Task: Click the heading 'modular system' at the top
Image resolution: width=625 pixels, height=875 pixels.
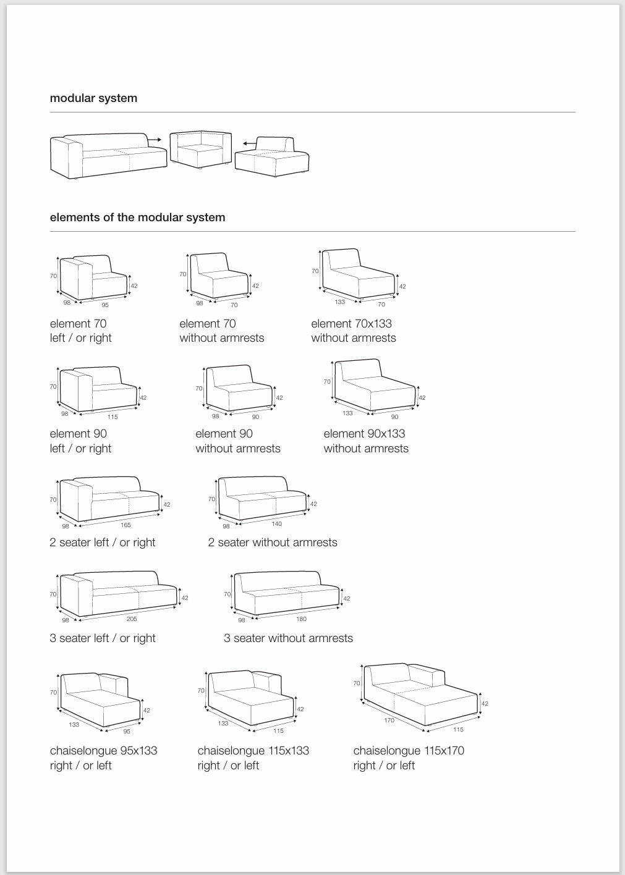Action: tap(93, 98)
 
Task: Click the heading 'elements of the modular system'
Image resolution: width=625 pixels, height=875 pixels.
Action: tap(137, 218)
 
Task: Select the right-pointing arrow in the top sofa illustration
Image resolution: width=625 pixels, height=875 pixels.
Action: tap(155, 140)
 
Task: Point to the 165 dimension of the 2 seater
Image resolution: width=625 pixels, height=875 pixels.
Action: tap(125, 525)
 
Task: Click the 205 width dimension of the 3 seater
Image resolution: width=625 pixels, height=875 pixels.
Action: tap(132, 619)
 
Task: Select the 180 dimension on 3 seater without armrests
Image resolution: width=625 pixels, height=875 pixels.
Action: tap(302, 619)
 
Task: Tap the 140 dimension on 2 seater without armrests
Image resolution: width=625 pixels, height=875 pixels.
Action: tap(276, 524)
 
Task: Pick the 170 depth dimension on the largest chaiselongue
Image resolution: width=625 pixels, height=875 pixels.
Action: tap(389, 720)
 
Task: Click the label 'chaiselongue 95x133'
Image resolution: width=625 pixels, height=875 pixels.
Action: tap(103, 751)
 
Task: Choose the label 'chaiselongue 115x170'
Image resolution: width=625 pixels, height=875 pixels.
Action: tap(409, 751)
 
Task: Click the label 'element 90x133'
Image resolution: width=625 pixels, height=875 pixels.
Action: tap(364, 434)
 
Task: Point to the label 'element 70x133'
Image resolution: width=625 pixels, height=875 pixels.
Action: tap(351, 324)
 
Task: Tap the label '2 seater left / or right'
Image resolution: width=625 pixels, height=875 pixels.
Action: tap(103, 543)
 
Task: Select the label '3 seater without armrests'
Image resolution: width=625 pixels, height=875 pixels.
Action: tap(288, 638)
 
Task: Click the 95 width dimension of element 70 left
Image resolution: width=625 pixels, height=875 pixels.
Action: tap(105, 305)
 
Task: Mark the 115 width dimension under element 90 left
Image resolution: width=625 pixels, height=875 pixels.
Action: tap(113, 416)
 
